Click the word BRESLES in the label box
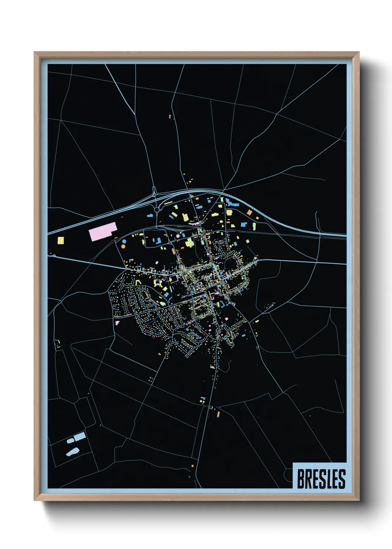321,479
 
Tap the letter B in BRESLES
301,479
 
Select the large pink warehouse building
103,231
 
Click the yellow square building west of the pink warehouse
61,241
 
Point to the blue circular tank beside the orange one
124,241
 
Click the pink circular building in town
178,236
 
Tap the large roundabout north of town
157,210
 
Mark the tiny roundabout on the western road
54,256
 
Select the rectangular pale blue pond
80,437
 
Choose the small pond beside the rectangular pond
70,441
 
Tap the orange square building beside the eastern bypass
250,213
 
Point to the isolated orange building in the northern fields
170,116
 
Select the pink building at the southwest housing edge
117,323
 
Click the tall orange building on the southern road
219,413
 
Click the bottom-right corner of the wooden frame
359,500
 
